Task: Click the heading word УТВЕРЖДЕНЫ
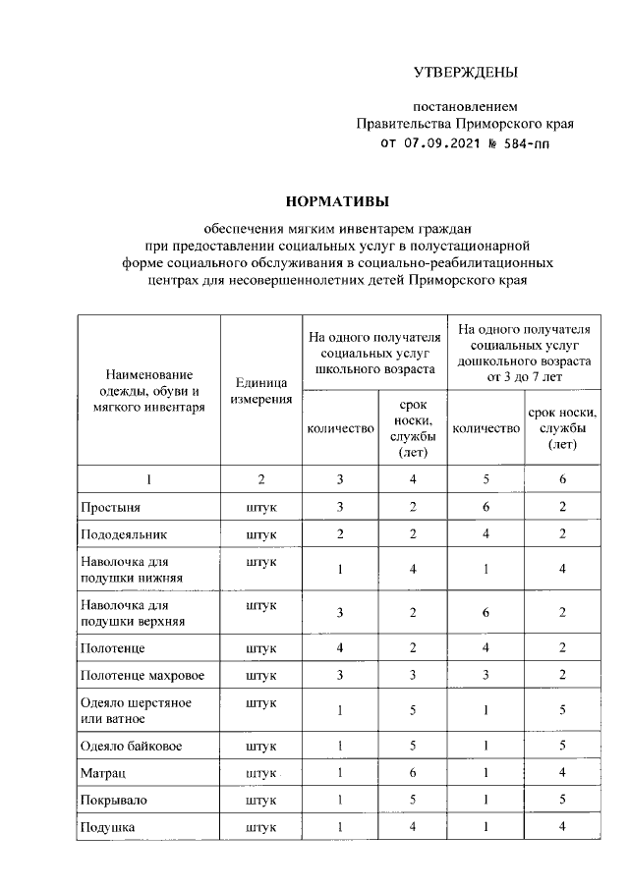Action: tap(464, 72)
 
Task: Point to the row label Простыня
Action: tap(110, 507)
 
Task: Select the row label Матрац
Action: tap(103, 773)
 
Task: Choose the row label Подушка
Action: tap(108, 828)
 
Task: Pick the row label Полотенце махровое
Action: tap(138, 676)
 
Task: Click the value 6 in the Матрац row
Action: tap(413, 773)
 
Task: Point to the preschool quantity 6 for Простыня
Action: tap(486, 507)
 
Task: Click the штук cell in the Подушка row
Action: tap(261, 828)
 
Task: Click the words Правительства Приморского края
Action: tap(464, 124)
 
